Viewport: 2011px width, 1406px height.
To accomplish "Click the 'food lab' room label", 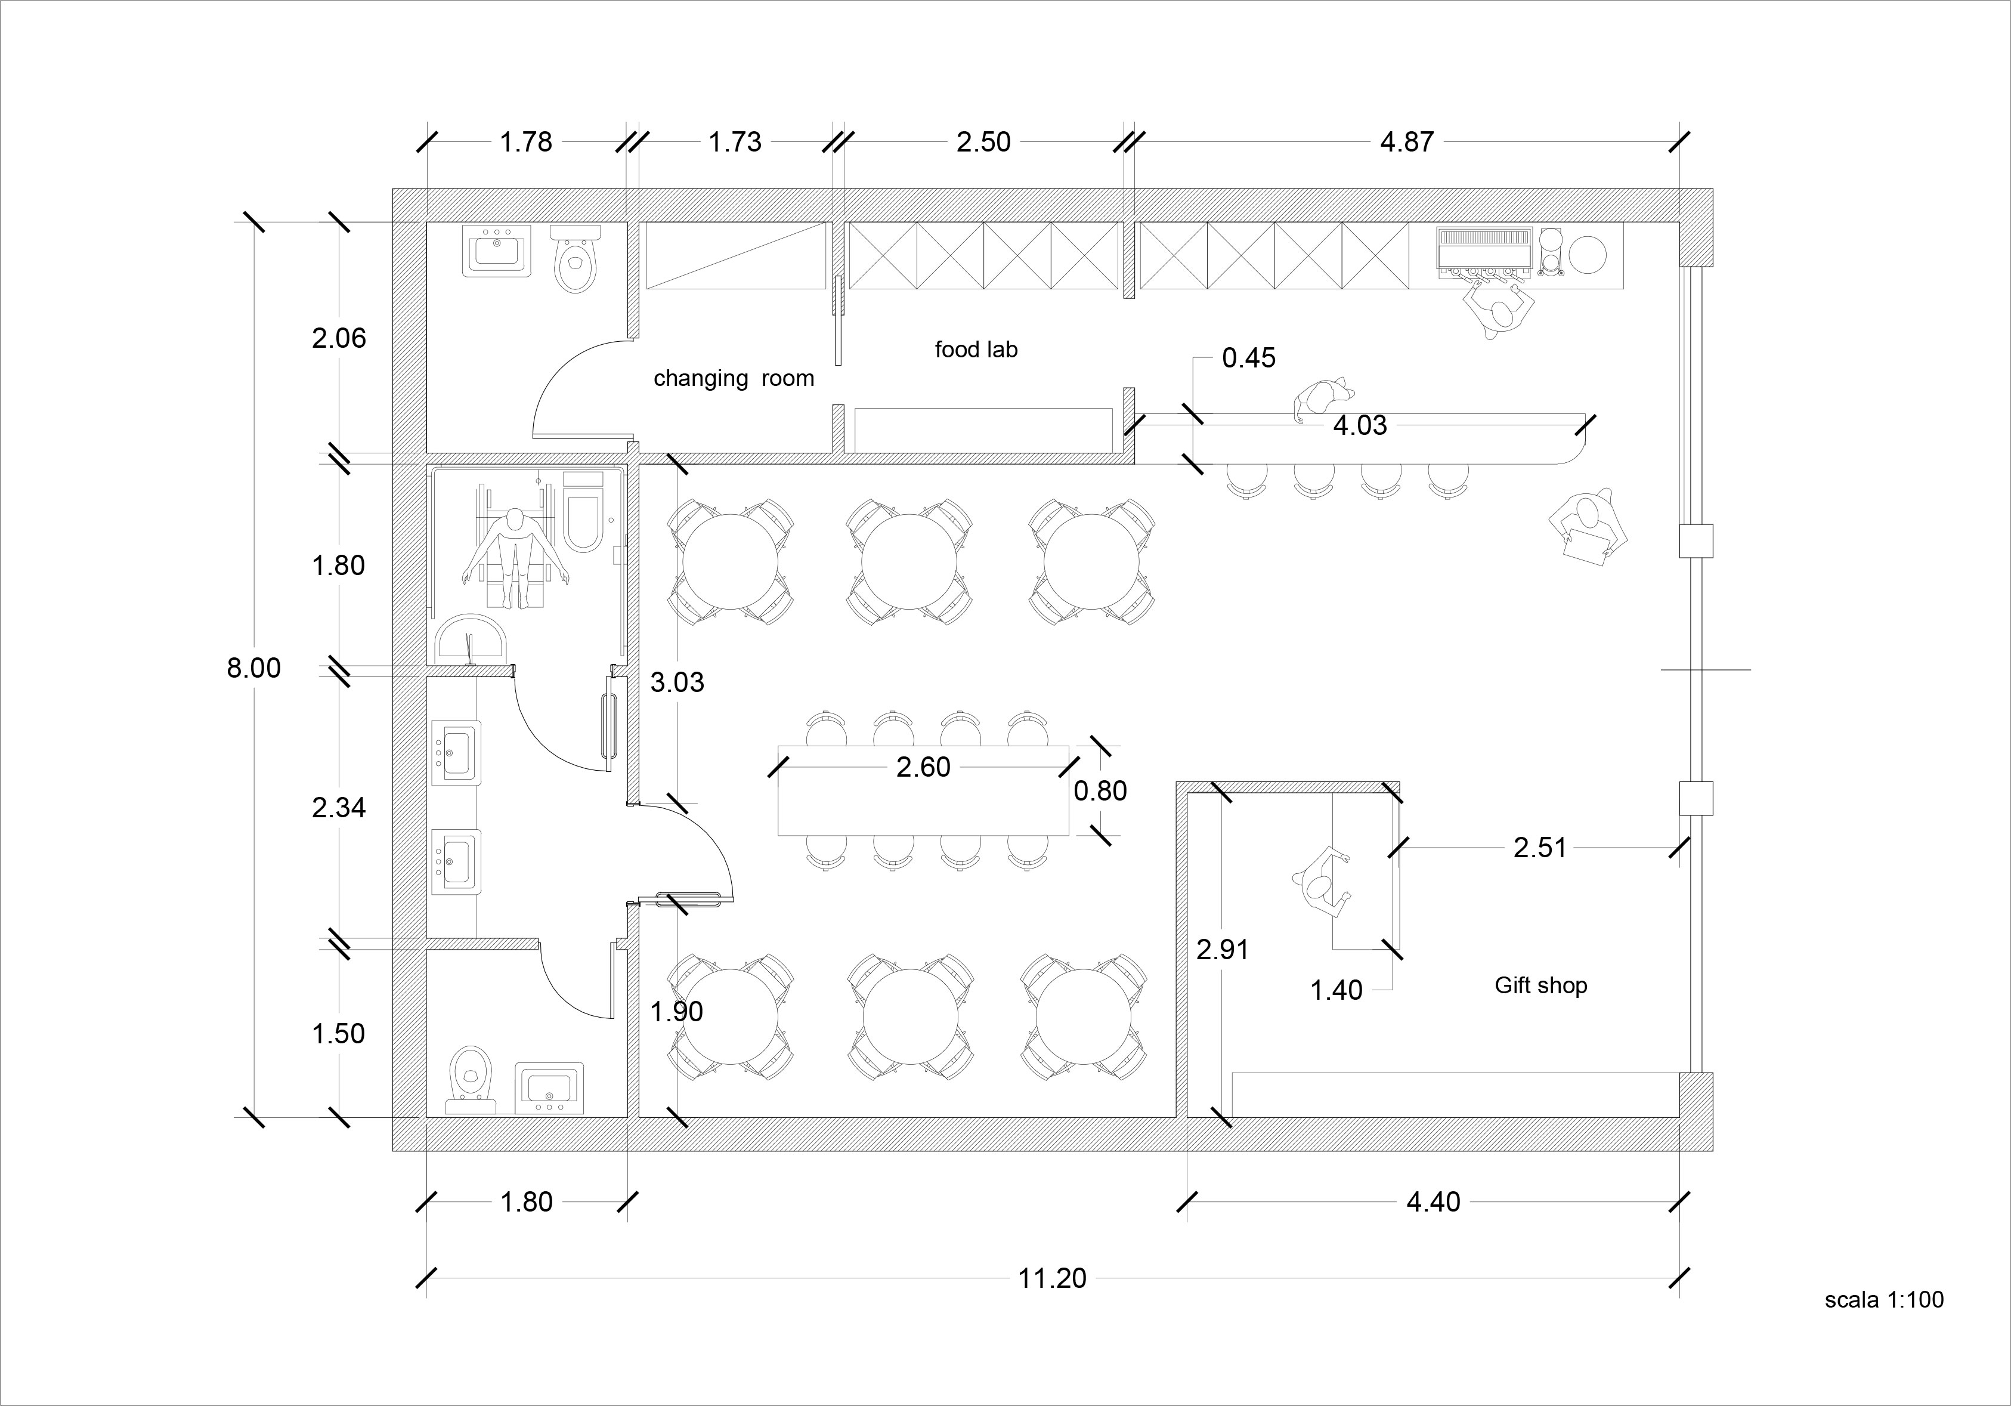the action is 976,350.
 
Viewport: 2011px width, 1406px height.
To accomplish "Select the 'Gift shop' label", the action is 1540,985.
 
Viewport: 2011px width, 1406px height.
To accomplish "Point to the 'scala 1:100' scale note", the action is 1884,1299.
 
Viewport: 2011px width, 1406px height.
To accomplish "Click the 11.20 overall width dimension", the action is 1052,1278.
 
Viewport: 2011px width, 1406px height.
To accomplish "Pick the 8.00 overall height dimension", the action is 254,668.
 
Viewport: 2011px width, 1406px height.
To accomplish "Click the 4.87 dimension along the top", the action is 1407,142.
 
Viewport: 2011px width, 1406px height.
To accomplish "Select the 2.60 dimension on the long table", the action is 923,767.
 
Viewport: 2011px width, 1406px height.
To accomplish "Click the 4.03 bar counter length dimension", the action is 1359,426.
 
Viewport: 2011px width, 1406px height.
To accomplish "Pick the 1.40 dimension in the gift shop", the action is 1336,990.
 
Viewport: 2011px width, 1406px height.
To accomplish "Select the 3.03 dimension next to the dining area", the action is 677,682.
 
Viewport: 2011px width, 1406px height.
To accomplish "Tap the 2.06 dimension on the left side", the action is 339,338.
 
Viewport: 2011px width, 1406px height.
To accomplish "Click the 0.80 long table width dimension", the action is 1100,791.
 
